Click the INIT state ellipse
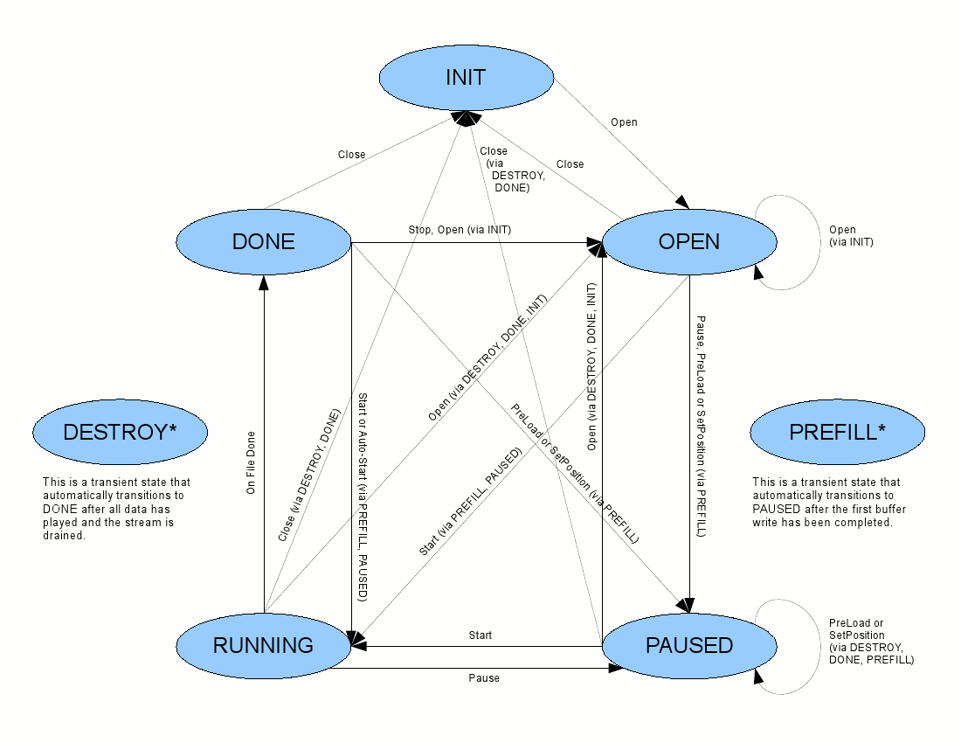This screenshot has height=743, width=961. (466, 78)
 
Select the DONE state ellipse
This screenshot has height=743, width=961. (263, 242)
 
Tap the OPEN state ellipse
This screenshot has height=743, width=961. (689, 242)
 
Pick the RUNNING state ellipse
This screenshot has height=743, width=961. (263, 645)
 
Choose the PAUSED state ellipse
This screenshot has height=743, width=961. (689, 645)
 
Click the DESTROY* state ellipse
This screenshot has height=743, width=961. (120, 432)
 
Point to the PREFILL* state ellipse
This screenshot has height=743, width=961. (837, 432)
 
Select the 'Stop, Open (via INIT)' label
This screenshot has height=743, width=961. (460, 230)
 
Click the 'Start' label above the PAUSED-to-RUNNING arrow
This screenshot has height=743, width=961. (480, 635)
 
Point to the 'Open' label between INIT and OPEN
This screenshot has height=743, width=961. (624, 122)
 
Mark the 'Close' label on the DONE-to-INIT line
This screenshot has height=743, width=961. (351, 155)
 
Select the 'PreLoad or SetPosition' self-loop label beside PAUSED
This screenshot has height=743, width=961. (871, 641)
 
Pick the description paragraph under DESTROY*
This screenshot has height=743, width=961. (116, 508)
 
